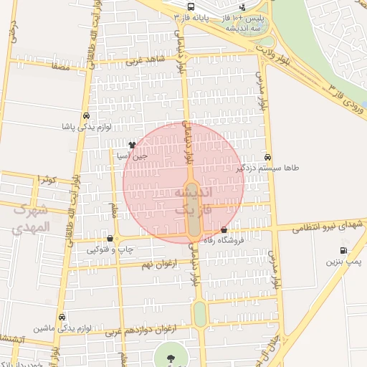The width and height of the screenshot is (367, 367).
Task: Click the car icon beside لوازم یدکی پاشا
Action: pyautogui.click(x=86, y=115)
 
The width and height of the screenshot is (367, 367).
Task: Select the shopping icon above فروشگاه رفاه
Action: pyautogui.click(x=225, y=230)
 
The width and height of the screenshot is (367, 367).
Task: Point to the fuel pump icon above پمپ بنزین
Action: pyautogui.click(x=345, y=251)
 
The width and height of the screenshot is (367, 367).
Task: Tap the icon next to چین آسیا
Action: pyautogui.click(x=131, y=144)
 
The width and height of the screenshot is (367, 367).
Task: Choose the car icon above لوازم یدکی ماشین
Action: pyautogui.click(x=62, y=317)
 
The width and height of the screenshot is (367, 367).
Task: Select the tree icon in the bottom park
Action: pyautogui.click(x=170, y=356)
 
